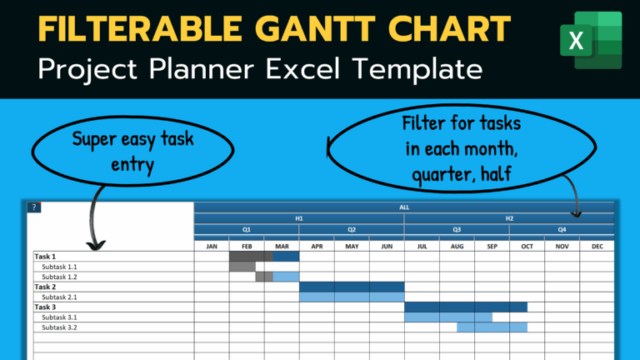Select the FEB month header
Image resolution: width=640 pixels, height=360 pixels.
pos(247,246)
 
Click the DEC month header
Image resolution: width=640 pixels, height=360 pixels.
pos(597,246)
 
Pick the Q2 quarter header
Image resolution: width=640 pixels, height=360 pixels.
pos(352,229)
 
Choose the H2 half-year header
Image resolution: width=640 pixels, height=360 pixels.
pos(509,218)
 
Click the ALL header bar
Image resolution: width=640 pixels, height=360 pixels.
pos(404,207)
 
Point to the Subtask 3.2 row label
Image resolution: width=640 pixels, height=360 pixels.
pos(59,327)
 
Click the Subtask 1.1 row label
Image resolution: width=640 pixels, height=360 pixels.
pos(59,267)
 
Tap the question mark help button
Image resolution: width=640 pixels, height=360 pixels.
pos(33,207)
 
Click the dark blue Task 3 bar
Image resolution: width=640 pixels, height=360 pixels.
pos(465,307)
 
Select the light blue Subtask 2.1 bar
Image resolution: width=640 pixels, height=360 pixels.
pos(351,297)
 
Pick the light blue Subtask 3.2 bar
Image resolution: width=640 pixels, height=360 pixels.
pos(492,327)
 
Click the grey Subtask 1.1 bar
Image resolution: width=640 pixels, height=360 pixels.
pos(242,267)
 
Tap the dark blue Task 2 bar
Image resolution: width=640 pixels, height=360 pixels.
pos(351,287)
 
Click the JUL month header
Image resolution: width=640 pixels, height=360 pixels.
pos(422,246)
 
